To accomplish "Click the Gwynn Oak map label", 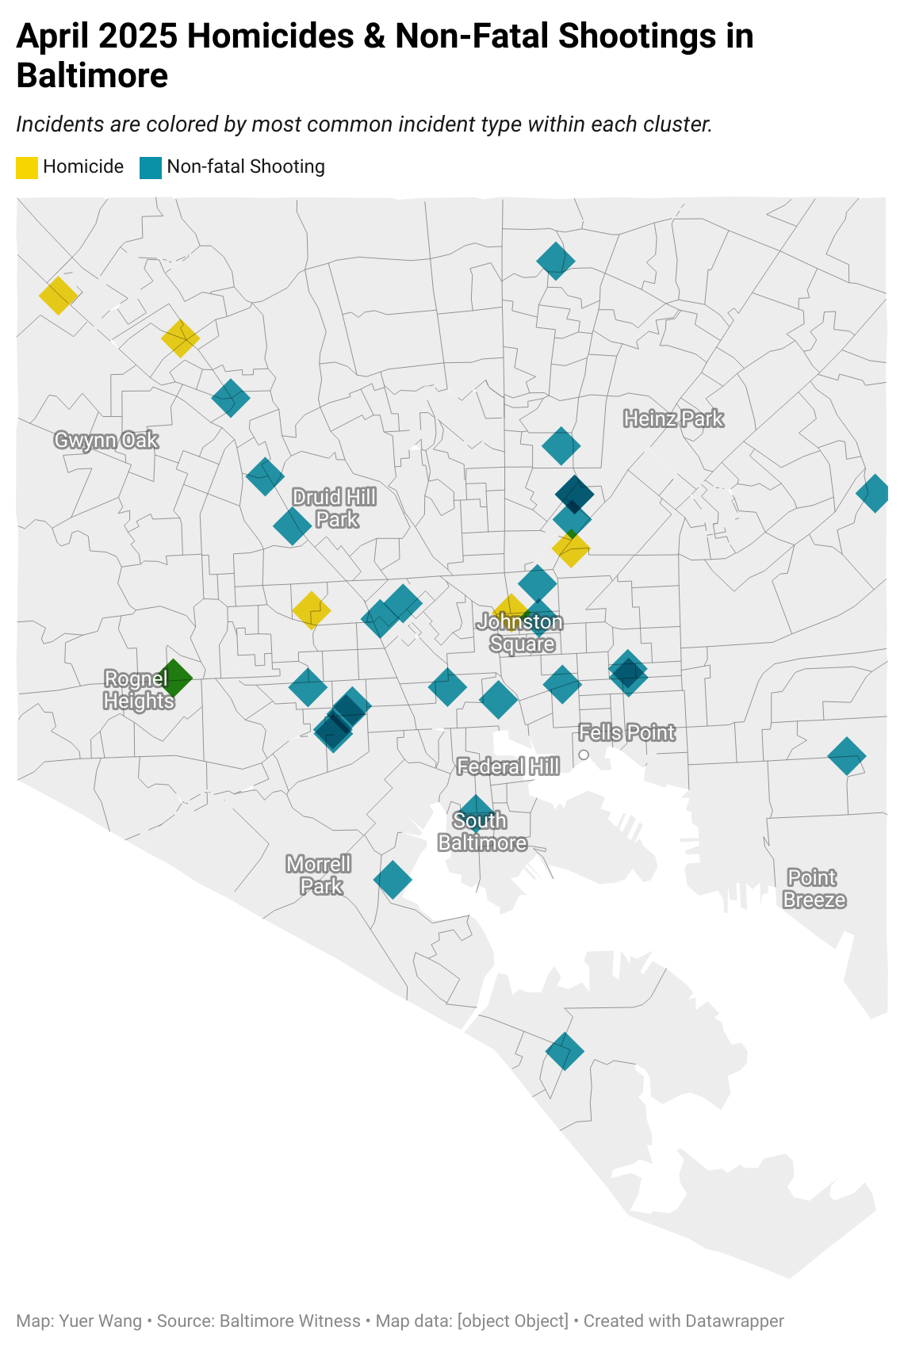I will click(106, 440).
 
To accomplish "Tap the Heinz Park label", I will click(673, 418).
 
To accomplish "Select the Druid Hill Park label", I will click(335, 508).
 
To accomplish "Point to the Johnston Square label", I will click(521, 632).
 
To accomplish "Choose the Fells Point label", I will click(627, 732).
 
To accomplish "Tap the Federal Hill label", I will click(508, 766).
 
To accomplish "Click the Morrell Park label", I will click(320, 874).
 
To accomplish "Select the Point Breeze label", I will click(814, 889).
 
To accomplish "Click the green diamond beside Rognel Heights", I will click(174, 678).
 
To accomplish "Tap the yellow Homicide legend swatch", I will click(27, 167).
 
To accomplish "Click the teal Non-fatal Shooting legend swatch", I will click(151, 167).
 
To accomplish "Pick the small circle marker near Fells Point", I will click(584, 755).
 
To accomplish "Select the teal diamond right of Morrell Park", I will click(393, 879).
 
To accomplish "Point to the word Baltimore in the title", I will click(92, 76).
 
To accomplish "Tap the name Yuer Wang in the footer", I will click(100, 1321).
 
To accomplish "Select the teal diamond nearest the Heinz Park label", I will click(561, 446).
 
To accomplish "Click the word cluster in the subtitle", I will click(677, 124).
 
